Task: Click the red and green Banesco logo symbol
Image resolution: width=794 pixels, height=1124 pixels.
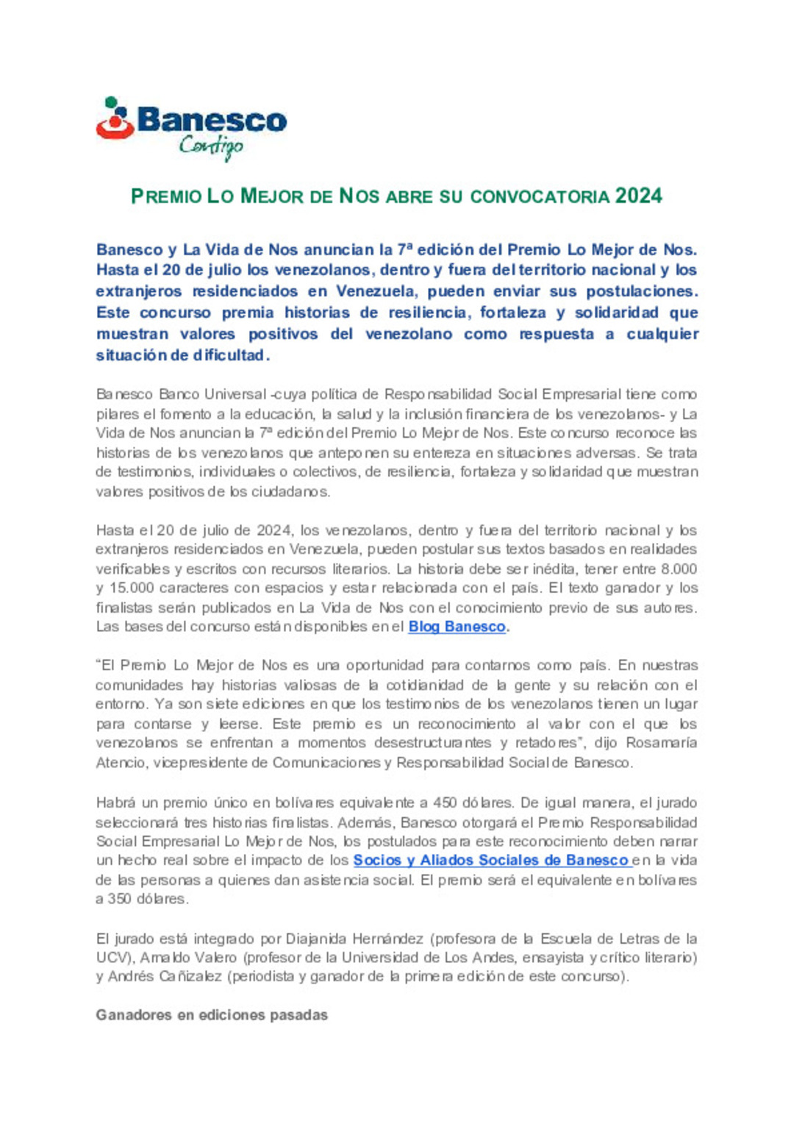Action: [x=115, y=118]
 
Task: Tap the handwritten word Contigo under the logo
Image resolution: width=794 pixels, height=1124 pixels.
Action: [x=211, y=146]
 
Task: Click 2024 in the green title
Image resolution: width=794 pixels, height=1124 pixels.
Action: [x=639, y=196]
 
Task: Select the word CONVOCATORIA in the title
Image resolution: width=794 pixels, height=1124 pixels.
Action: [x=540, y=197]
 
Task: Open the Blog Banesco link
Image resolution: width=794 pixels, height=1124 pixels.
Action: [x=457, y=627]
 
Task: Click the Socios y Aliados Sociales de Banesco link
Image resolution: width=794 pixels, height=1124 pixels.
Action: [x=490, y=860]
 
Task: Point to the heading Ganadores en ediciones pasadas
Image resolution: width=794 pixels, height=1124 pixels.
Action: [x=212, y=1015]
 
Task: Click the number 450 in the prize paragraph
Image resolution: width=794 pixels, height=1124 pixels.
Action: [x=445, y=803]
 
